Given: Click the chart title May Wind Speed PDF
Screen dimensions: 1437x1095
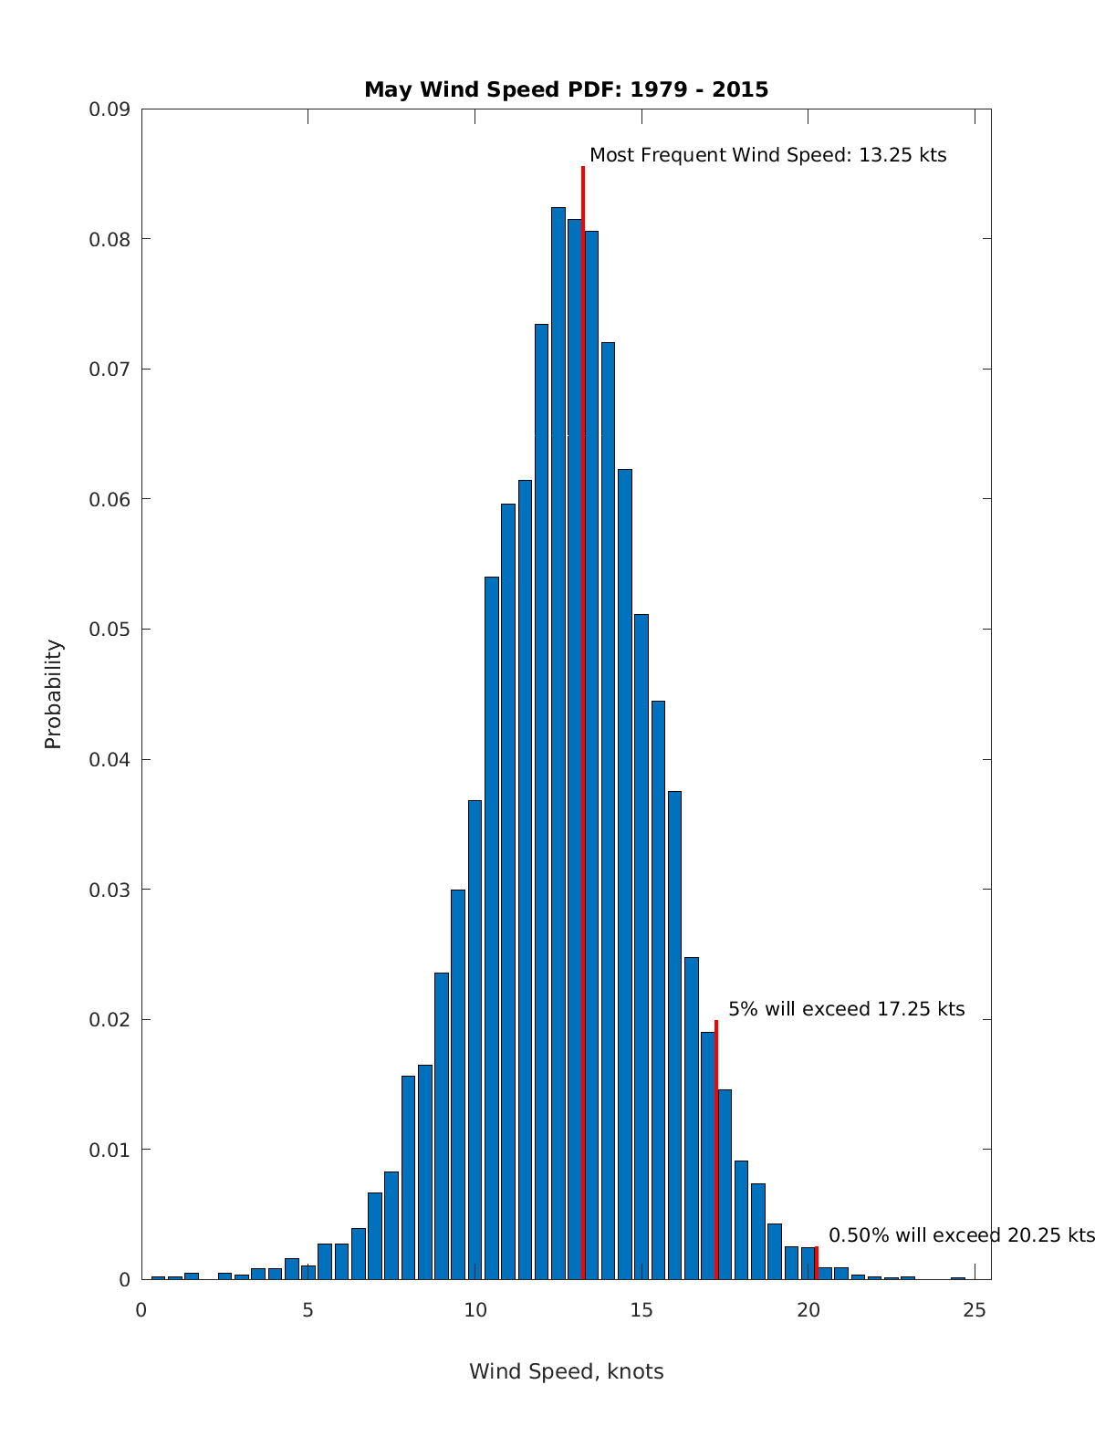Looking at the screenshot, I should pyautogui.click(x=566, y=89).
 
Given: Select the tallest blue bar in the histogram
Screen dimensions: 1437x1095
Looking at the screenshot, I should pyautogui.click(x=558, y=730).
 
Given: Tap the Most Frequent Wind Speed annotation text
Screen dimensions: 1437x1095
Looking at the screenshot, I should pyautogui.click(x=767, y=155).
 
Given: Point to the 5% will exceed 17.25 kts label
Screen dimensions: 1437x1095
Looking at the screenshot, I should pyautogui.click(x=846, y=1009).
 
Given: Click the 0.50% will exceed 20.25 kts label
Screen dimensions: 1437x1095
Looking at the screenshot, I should pyautogui.click(x=961, y=1235).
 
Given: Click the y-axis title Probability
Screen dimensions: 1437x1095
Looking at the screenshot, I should pyautogui.click(x=54, y=694).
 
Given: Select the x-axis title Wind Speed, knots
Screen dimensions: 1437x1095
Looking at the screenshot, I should pyautogui.click(x=566, y=1371).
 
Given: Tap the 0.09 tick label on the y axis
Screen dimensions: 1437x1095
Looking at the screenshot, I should pyautogui.click(x=109, y=109).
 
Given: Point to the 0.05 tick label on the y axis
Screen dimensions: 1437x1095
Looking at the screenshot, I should pyautogui.click(x=109, y=630).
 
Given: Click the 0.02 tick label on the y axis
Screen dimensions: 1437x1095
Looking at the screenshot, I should pyautogui.click(x=109, y=1019).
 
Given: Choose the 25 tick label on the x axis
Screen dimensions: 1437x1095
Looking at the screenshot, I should pyautogui.click(x=975, y=1310).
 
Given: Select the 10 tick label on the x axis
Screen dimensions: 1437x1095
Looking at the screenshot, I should pyautogui.click(x=474, y=1310).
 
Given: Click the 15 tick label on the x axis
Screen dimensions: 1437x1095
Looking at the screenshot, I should pyautogui.click(x=641, y=1310).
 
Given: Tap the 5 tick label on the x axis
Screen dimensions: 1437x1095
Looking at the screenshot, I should pyautogui.click(x=308, y=1310).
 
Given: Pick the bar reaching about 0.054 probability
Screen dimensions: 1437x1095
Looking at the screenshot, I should pyautogui.click(x=492, y=912).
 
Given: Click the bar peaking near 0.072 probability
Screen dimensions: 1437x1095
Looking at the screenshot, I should pyautogui.click(x=608, y=803).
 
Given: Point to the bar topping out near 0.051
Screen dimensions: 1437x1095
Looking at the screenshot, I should pyautogui.click(x=641, y=940).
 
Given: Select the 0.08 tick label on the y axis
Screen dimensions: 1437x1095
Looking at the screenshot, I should pyautogui.click(x=109, y=239).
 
